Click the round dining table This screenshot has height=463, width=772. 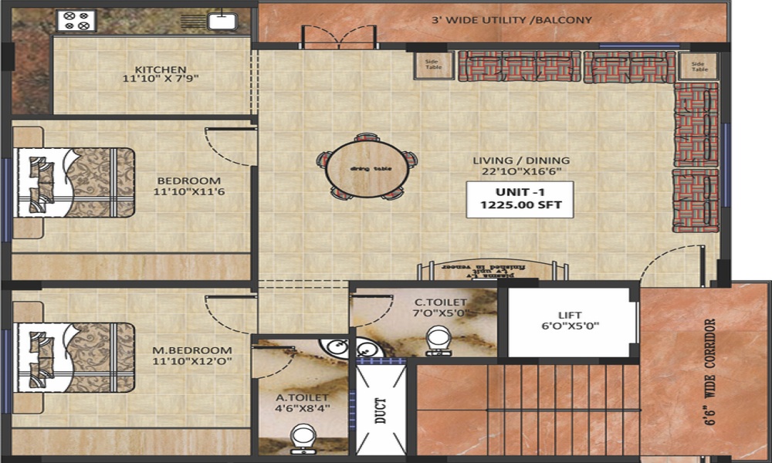[x=366, y=167]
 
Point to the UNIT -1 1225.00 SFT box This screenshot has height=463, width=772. [x=520, y=199]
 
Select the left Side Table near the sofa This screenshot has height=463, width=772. [x=431, y=66]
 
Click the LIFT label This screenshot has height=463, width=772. [x=571, y=319]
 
